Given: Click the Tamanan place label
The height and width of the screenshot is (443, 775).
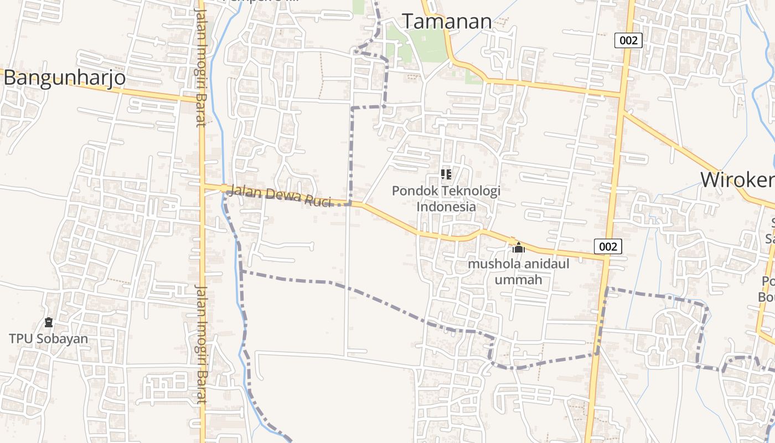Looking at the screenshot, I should tap(447, 22).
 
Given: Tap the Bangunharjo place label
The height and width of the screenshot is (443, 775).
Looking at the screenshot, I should tap(64, 78).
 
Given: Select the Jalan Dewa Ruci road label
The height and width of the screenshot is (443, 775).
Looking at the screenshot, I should tap(280, 195).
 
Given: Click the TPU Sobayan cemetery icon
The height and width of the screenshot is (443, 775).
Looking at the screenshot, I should tap(49, 322).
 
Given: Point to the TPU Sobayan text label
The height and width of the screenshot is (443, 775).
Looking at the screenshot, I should tap(48, 338).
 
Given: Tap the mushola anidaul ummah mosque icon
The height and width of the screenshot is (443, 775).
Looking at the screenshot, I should tap(518, 248).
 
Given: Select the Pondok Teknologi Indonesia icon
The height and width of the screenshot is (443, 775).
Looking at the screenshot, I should tap(446, 174).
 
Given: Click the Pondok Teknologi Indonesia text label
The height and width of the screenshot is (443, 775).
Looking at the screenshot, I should tap(446, 198).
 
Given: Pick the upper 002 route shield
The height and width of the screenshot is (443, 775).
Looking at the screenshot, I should tap(628, 40).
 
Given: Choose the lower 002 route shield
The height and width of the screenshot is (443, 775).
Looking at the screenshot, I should tap(608, 246).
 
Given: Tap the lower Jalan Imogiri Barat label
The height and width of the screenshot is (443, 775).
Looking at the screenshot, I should tap(200, 343).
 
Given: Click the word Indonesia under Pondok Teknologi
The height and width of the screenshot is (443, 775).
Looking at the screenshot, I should tap(446, 207).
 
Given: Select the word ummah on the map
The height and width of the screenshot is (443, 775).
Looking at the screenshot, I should tap(518, 280).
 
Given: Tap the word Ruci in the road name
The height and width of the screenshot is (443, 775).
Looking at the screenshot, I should tap(318, 201).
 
